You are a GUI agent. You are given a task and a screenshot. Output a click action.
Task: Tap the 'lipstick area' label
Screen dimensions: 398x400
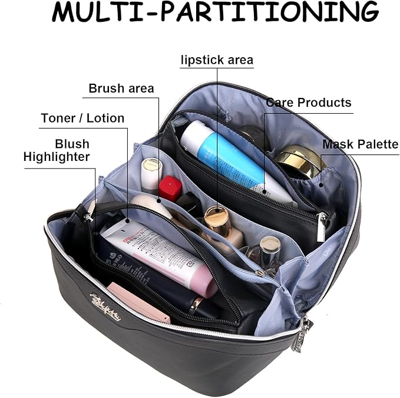pos(217,60)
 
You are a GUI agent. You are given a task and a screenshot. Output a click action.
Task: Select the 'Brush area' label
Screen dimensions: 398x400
pos(121,88)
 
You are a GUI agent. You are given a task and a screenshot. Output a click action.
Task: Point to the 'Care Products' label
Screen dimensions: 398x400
pos(308,103)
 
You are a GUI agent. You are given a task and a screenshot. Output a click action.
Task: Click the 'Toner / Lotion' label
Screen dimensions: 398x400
pos(82,118)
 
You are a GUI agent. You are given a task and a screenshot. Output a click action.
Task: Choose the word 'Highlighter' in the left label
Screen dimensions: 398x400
pos(57,157)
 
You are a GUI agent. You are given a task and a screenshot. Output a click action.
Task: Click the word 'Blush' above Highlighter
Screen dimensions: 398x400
pos(72,144)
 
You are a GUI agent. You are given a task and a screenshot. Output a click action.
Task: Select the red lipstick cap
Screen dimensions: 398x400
pos(170,187)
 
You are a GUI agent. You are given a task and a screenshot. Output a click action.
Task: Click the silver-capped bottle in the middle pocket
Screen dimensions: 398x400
pos(270,247)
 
